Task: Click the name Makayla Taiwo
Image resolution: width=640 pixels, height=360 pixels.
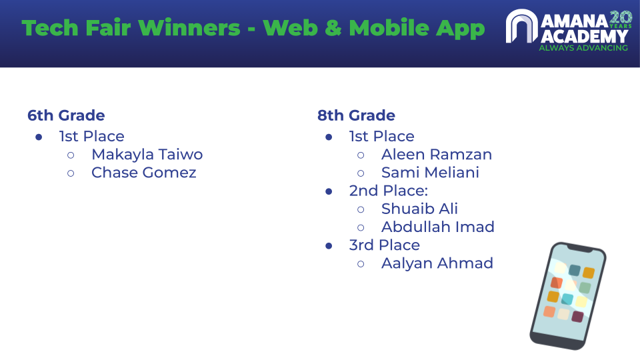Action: click(147, 155)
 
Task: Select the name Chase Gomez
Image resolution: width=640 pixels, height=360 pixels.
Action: click(144, 173)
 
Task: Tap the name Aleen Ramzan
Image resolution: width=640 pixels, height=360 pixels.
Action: click(436, 155)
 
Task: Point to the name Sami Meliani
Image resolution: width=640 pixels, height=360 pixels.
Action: click(430, 173)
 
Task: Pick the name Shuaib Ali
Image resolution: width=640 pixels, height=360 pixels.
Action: click(419, 209)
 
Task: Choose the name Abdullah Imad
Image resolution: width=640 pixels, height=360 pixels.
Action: click(438, 227)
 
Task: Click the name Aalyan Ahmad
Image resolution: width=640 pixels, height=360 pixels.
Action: click(437, 263)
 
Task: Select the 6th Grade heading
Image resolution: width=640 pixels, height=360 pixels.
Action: click(66, 115)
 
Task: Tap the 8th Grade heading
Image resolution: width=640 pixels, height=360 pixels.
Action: click(356, 115)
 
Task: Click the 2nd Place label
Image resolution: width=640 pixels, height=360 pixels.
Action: click(388, 191)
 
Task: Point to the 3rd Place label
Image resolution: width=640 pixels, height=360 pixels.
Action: click(385, 245)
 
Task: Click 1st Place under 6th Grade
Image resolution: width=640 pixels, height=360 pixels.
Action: click(92, 136)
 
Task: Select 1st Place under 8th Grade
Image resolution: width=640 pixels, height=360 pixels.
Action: click(381, 136)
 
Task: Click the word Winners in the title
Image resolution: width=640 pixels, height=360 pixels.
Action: click(189, 28)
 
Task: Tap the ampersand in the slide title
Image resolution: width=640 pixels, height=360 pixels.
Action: click(333, 28)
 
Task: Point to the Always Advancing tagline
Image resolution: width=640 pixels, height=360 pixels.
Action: click(583, 48)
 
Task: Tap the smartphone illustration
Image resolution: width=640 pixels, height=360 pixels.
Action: click(568, 296)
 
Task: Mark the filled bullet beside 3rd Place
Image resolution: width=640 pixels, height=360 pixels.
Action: click(329, 246)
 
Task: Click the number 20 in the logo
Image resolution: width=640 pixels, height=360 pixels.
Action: click(621, 18)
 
